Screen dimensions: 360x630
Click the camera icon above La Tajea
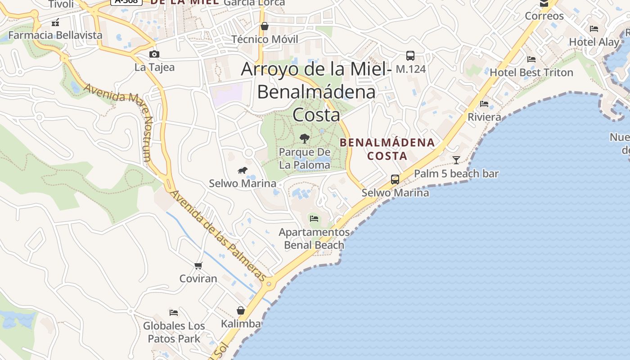pos(154,54)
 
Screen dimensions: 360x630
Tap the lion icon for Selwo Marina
pos(243,170)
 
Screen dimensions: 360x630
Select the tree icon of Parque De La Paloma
pos(305,138)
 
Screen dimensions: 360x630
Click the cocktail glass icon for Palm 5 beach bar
pos(456,160)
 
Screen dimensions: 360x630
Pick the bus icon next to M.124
pos(410,56)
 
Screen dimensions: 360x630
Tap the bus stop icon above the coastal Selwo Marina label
pos(395,180)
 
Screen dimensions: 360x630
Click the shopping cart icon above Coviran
pos(198,265)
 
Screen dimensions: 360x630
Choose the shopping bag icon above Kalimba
pos(241,310)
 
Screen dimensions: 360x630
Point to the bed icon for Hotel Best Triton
pos(531,59)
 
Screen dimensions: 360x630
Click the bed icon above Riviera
pos(484,104)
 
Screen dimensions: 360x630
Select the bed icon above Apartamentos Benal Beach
pos(314,219)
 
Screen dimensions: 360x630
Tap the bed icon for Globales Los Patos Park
pos(174,312)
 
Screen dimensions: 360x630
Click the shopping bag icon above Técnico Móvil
pos(265,26)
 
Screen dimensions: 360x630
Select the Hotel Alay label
pos(594,42)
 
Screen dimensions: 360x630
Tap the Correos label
pos(544,16)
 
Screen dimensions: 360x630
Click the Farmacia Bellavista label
pos(55,35)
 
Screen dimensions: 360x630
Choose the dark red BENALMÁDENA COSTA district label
pos(387,149)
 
